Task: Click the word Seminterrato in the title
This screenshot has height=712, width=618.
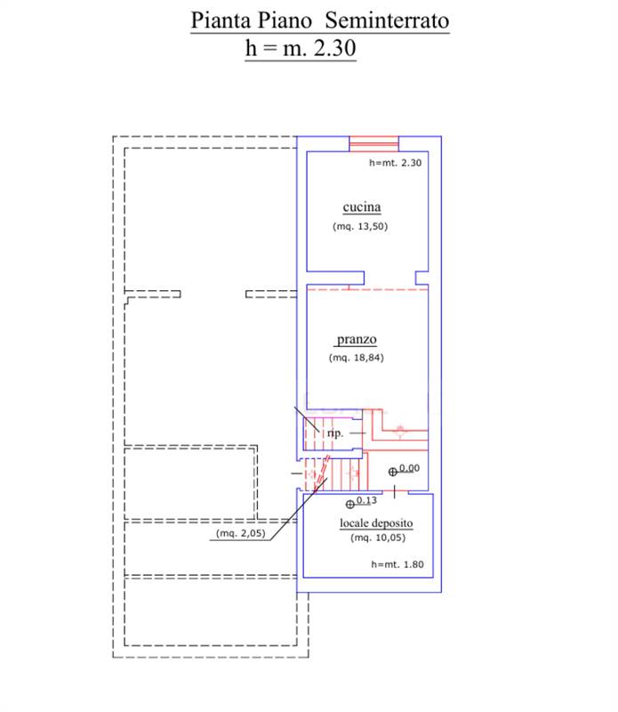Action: click(387, 20)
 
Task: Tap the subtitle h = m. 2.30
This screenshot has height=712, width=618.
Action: click(301, 48)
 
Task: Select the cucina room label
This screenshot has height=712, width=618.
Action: click(362, 207)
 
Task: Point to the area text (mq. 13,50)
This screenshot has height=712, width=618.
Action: click(360, 226)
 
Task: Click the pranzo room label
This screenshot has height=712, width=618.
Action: click(357, 339)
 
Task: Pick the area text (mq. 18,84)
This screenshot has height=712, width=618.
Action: click(357, 358)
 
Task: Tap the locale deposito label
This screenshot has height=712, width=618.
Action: click(376, 523)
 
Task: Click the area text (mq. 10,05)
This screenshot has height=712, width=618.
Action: click(378, 538)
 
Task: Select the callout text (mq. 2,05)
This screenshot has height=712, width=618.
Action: click(240, 533)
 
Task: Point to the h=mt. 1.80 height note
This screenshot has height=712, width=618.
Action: click(397, 564)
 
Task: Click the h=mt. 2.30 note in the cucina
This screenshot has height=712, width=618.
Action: click(395, 163)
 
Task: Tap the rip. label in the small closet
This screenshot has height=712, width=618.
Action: click(335, 433)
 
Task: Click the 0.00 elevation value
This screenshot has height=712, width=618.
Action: click(409, 468)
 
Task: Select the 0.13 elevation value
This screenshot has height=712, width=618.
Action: click(366, 500)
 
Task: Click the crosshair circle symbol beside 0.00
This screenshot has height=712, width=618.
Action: click(393, 473)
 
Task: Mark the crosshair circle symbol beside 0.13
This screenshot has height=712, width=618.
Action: click(349, 504)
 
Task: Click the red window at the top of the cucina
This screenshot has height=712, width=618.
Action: click(373, 143)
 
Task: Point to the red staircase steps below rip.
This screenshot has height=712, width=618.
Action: click(333, 474)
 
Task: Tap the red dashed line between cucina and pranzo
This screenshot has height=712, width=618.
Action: click(367, 288)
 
